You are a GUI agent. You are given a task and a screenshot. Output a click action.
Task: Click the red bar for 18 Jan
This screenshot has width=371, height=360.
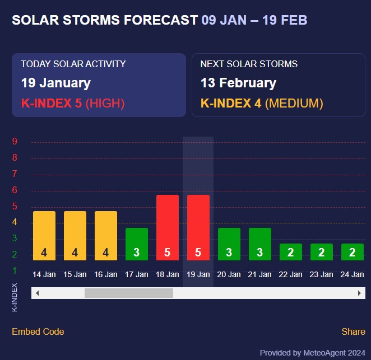167,227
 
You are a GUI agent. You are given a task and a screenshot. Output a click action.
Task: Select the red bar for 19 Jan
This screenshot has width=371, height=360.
198,227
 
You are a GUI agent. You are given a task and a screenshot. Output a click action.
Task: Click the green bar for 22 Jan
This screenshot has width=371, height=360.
290,251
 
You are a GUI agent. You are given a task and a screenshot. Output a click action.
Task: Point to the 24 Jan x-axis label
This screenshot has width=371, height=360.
352,274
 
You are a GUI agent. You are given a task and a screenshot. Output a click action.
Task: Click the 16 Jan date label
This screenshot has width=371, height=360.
105,274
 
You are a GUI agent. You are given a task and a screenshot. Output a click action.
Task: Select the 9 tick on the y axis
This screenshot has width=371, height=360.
15,142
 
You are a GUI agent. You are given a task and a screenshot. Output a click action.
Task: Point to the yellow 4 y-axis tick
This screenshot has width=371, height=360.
15,222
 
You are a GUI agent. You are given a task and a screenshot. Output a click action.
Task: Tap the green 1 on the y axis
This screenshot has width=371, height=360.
15,271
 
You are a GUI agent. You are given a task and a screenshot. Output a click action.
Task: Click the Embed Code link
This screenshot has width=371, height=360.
38,331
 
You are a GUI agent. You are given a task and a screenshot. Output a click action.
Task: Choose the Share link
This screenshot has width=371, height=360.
353,331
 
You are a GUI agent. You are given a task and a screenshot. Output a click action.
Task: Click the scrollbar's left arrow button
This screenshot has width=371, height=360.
37,293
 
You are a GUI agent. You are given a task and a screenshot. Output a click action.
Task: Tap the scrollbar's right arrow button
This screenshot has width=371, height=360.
359,293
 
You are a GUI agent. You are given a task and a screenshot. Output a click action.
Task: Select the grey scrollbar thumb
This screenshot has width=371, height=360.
129,293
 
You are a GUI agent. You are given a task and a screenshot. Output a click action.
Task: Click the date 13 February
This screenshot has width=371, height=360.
238,83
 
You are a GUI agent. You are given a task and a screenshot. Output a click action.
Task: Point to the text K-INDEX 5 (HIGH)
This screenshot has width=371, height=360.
73,103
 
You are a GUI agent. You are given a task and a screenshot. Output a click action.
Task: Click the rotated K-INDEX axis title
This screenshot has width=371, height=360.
15,297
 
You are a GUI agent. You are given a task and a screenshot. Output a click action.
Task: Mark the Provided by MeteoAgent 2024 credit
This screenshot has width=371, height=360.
312,353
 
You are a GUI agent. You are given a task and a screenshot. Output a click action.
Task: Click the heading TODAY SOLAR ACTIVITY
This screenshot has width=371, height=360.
73,64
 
